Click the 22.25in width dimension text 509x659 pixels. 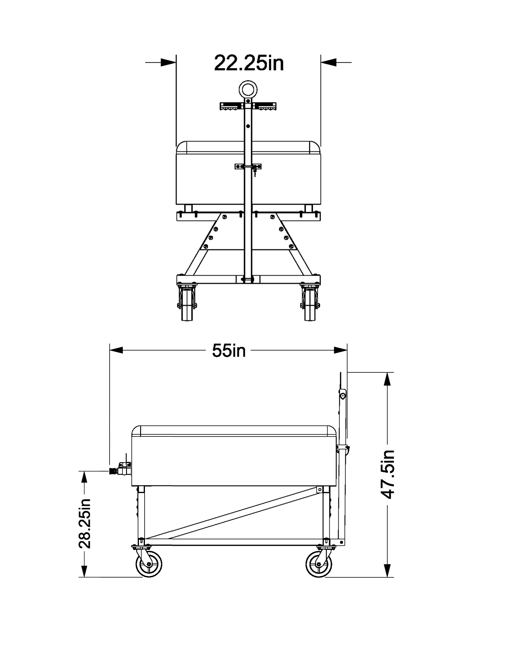[x=249, y=63]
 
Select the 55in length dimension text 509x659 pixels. [x=228, y=351]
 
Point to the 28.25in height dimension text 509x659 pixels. [x=84, y=524]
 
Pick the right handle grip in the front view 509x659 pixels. [x=265, y=107]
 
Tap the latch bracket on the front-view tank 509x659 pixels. [x=248, y=167]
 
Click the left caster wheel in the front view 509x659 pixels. [x=187, y=305]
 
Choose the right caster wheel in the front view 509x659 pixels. [x=310, y=305]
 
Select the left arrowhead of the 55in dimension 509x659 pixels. [x=116, y=350]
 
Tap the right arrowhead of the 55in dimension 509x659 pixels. [x=341, y=350]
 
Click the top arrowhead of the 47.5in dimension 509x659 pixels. [x=387, y=379]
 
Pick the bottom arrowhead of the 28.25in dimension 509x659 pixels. [x=84, y=570]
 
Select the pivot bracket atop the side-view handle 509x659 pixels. [x=343, y=395]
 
